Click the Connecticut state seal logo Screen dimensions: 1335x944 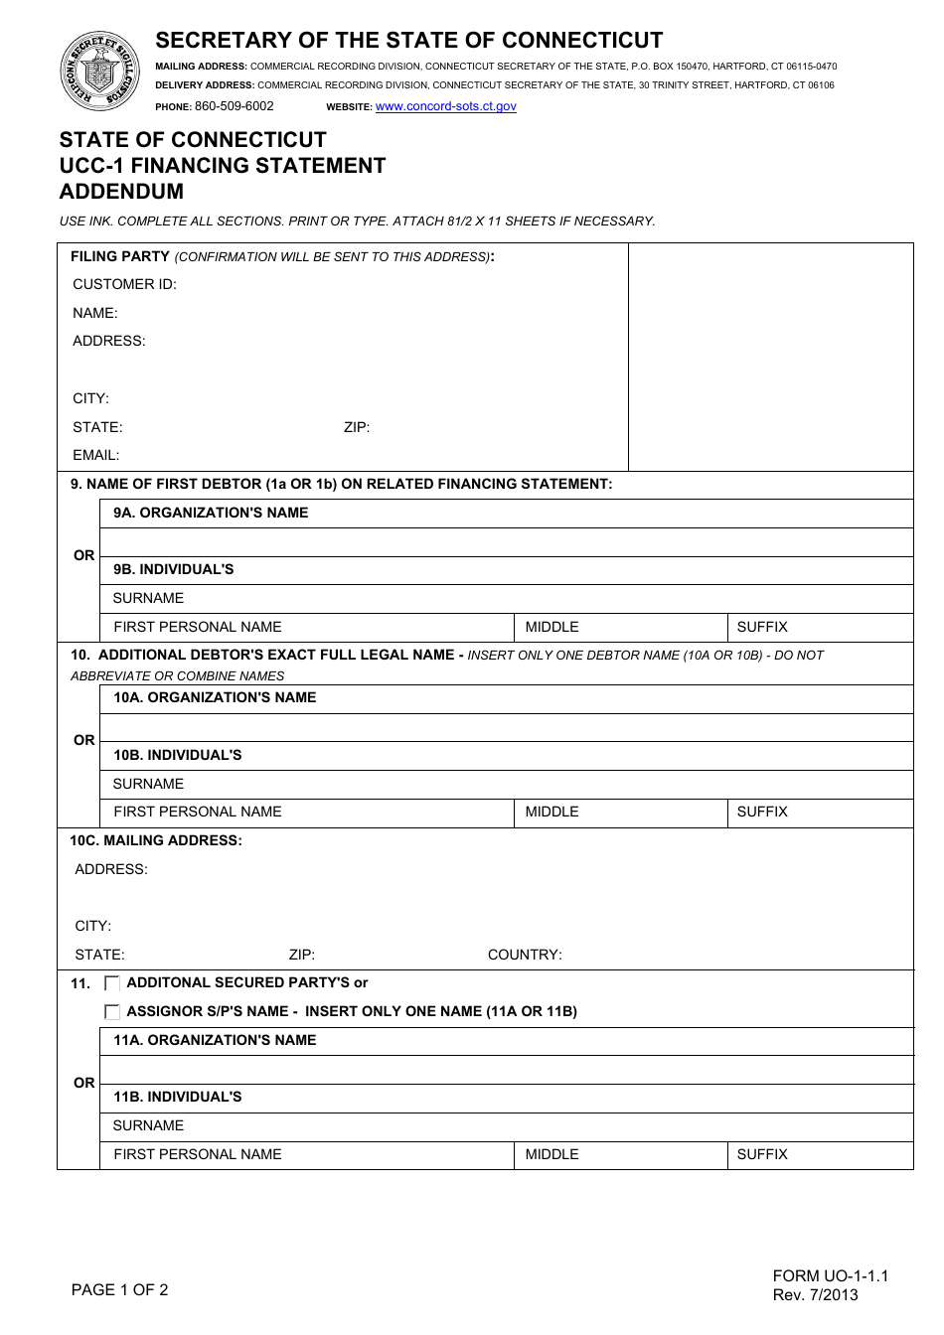100,71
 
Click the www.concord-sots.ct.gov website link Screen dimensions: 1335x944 445,106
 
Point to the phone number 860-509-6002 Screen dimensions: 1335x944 234,106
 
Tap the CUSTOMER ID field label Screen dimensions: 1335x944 124,284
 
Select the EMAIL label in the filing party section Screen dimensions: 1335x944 95,455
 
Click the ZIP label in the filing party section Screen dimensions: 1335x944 357,427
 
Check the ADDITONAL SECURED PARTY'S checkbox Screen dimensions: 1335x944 112,983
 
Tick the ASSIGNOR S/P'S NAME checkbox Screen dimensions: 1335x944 112,1012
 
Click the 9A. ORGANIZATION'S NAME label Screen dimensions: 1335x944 211,513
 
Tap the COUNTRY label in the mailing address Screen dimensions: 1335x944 525,955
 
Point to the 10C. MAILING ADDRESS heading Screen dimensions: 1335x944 156,840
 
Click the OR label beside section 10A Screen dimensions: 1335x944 84,740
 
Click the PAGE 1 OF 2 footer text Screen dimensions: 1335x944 120,1289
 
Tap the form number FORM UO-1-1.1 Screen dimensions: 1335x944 830,1275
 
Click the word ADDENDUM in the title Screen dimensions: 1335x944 121,192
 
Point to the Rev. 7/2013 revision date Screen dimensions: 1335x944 815,1294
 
